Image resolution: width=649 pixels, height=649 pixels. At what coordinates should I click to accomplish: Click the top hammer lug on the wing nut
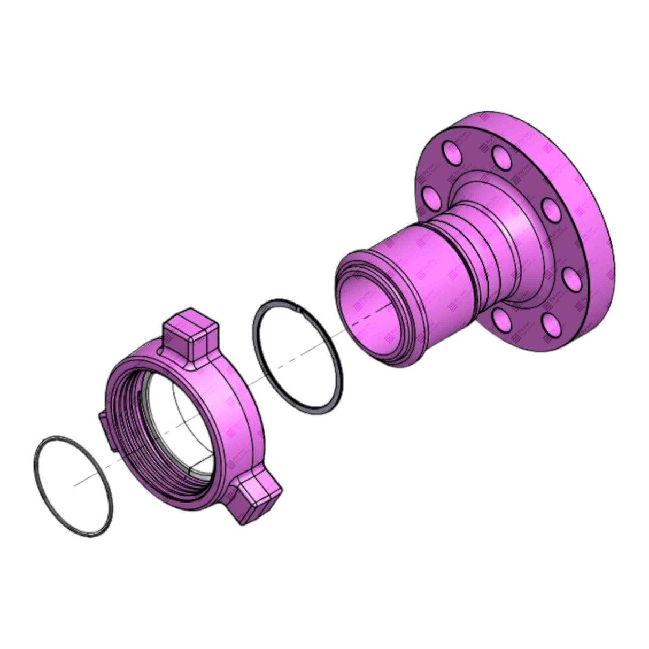[190, 336]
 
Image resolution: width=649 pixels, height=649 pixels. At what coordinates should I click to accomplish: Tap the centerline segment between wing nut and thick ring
[251, 383]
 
